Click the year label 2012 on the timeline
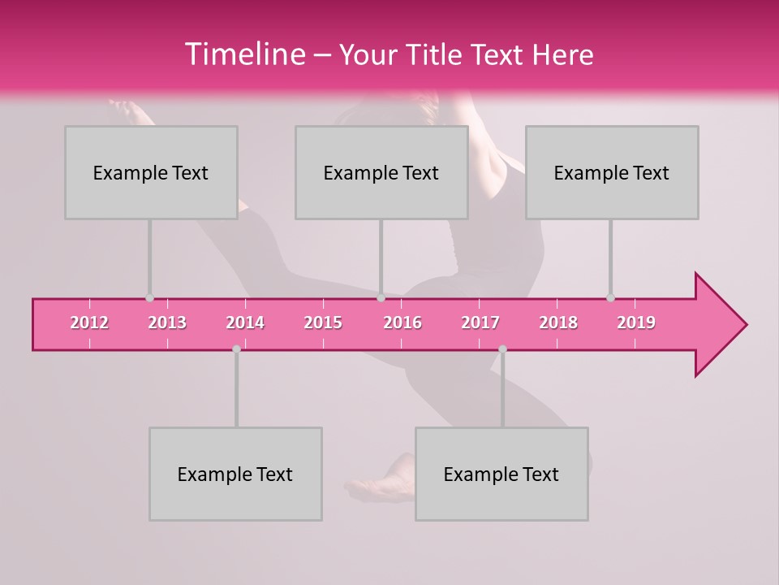click(89, 323)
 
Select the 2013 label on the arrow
click(167, 323)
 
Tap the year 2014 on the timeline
click(245, 323)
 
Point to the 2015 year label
click(323, 323)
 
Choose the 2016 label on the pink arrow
click(402, 323)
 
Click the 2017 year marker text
click(480, 323)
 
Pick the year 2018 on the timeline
click(558, 323)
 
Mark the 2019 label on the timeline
click(636, 323)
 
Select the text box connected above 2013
click(151, 173)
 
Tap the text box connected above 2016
click(381, 173)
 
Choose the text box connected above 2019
click(612, 173)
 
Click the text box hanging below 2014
click(235, 474)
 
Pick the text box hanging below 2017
click(501, 474)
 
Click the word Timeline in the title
click(244, 54)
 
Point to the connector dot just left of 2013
click(149, 298)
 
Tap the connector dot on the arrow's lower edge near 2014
click(236, 349)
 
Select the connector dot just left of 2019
click(610, 298)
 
